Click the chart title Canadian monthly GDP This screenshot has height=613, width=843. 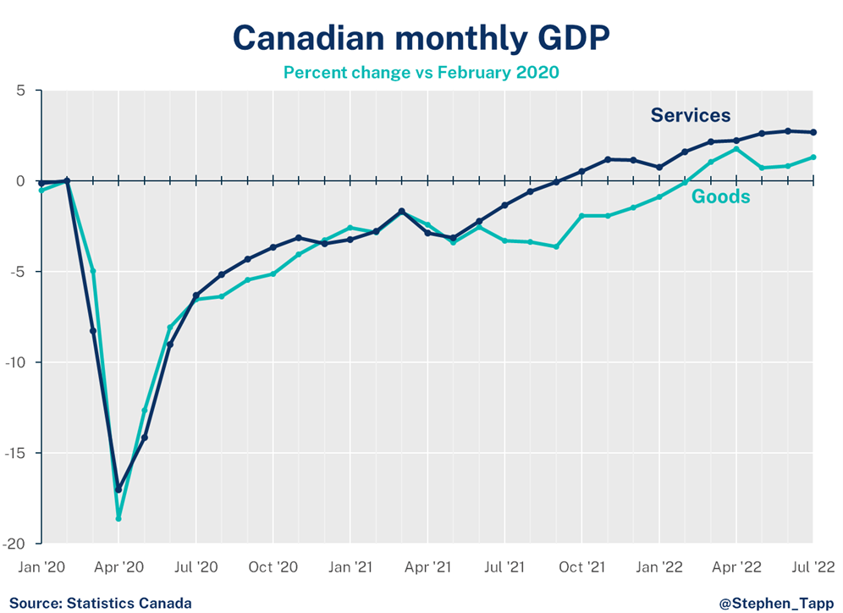(421, 38)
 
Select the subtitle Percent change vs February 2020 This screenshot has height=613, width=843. (421, 72)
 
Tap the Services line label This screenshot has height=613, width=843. (690, 116)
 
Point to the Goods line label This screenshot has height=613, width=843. (720, 197)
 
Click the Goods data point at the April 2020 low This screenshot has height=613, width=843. (118, 518)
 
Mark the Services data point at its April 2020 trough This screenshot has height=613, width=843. (118, 489)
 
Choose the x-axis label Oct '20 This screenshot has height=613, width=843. (273, 566)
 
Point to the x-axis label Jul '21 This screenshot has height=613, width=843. (504, 566)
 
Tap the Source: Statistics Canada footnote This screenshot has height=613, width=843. (100, 603)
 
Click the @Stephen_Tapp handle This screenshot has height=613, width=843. (775, 603)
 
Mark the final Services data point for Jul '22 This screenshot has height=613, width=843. (813, 132)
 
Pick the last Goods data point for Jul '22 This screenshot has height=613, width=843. (813, 157)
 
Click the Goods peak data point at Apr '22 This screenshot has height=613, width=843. (736, 149)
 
